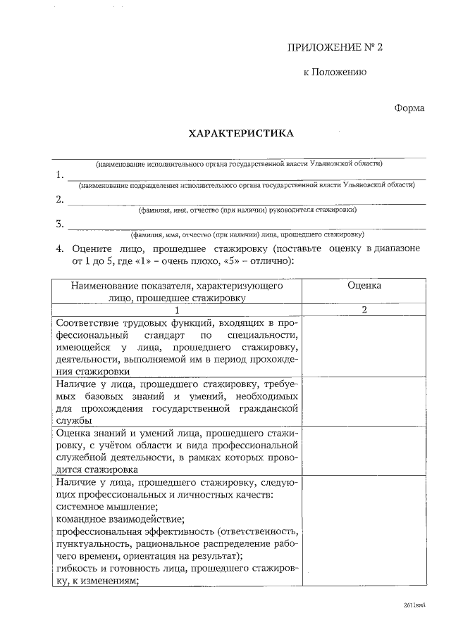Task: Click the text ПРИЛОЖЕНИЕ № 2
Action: tap(335, 47)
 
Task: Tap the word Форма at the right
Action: tap(409, 108)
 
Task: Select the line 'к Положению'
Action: tap(334, 72)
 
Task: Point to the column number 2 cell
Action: tap(364, 310)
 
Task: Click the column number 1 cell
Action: tap(177, 310)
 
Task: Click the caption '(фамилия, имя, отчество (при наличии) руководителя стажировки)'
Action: tap(247, 210)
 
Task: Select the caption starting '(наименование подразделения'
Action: tap(247, 185)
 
